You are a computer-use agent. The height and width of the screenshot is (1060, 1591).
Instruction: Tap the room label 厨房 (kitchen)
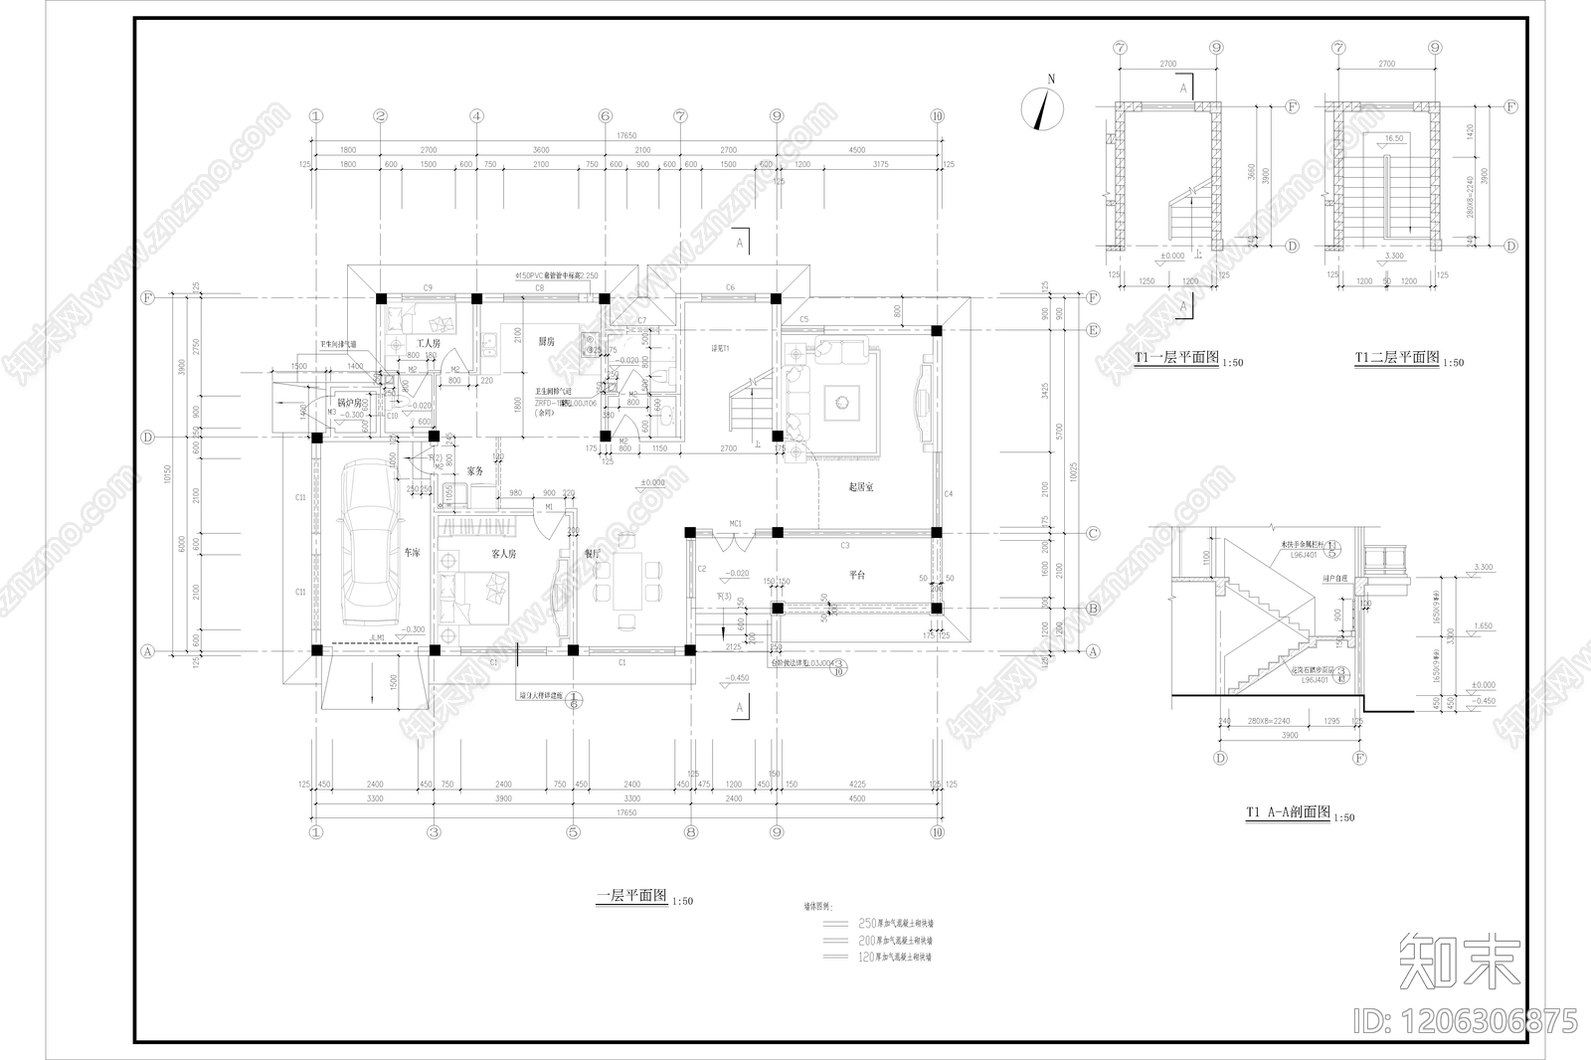pos(546,341)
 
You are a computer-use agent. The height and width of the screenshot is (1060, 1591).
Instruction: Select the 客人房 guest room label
pos(503,554)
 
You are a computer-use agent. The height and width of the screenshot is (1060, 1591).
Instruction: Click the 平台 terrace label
pos(857,575)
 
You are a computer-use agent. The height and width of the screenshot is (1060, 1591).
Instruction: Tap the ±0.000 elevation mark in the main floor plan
pos(652,484)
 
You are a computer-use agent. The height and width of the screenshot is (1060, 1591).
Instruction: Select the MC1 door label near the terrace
pos(736,523)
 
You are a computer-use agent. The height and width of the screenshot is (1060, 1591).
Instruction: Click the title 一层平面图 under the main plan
pos(633,896)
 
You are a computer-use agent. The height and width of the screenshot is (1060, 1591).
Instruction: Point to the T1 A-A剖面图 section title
pos(1288,812)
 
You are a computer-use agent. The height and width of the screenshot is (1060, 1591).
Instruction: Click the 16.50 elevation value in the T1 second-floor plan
pos(1392,139)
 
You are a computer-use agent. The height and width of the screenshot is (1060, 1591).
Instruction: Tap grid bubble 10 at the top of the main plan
pos(937,116)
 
